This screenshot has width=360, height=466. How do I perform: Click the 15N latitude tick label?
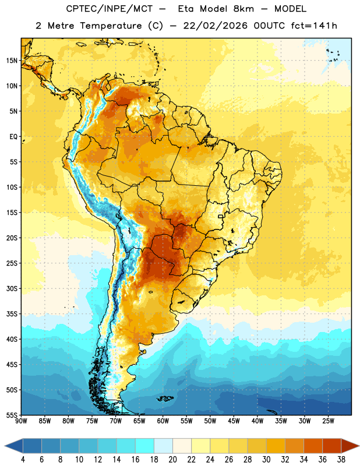pyautogui.click(x=12, y=61)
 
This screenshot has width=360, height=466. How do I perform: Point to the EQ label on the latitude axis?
pyautogui.click(x=13, y=137)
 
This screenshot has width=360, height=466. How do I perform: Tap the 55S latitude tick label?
pyautogui.click(x=12, y=415)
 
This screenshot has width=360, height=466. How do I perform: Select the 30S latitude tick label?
pyautogui.click(x=12, y=288)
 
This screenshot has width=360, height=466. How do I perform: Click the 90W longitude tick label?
pyautogui.click(x=21, y=421)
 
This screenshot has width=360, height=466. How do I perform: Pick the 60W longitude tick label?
pyautogui.click(x=163, y=421)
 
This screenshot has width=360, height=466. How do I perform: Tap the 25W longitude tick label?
pyautogui.click(x=328, y=421)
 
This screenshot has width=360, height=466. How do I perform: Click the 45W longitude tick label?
pyautogui.click(x=234, y=421)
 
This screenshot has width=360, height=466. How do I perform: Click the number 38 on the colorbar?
pyautogui.click(x=341, y=460)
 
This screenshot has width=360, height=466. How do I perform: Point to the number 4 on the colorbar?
pyautogui.click(x=23, y=460)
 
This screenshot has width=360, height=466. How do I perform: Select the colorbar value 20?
pyautogui.click(x=172, y=460)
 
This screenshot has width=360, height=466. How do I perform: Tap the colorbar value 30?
pyautogui.click(x=266, y=460)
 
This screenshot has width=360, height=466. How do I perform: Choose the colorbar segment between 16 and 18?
pyautogui.click(x=145, y=446)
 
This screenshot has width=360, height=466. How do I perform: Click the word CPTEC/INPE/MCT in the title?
pyautogui.click(x=110, y=9)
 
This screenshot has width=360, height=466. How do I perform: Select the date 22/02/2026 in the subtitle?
pyautogui.click(x=216, y=26)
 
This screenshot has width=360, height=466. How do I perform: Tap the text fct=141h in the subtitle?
pyautogui.click(x=314, y=26)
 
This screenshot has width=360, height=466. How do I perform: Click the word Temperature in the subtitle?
pyautogui.click(x=111, y=26)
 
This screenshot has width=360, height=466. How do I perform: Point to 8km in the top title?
pyautogui.click(x=243, y=9)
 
